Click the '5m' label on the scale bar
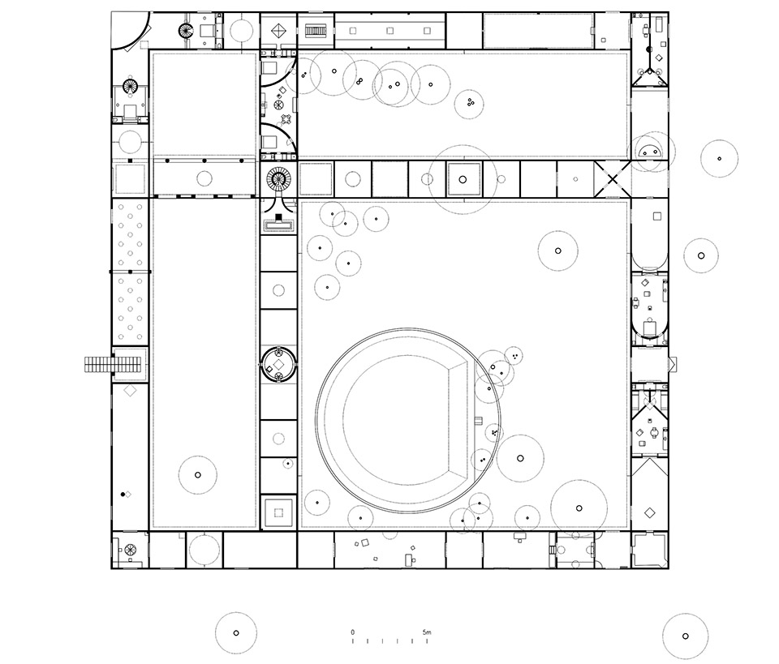pyautogui.click(x=427, y=632)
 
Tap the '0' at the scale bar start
pyautogui.click(x=353, y=632)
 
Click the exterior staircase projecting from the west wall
pyautogui.click(x=114, y=365)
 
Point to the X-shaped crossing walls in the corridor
pyautogui.click(x=612, y=179)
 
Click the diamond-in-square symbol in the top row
pyautogui.click(x=278, y=31)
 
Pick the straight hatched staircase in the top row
pyautogui.click(x=315, y=31)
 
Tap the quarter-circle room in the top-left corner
pyautogui.click(x=130, y=31)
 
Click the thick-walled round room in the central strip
pyautogui.click(x=278, y=365)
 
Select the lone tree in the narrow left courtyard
pyautogui.click(x=198, y=475)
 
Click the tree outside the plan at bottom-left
pyautogui.click(x=236, y=632)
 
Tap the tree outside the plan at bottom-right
pyautogui.click(x=685, y=636)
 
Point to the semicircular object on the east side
pyautogui.click(x=650, y=150)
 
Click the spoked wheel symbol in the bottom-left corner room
pyautogui.click(x=130, y=550)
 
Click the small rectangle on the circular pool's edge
pyautogui.click(x=479, y=421)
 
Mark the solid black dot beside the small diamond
pyautogui.click(x=123, y=495)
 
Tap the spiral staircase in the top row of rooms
pyautogui.click(x=186, y=31)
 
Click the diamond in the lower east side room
pyautogui.click(x=649, y=512)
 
